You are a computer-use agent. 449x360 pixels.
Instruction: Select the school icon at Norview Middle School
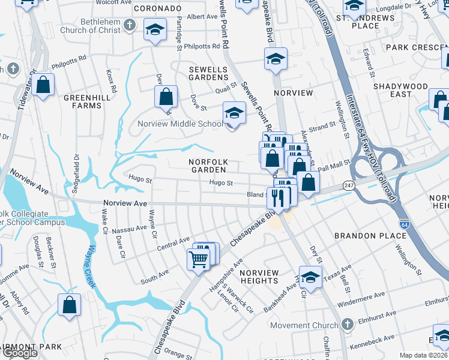point(234,113)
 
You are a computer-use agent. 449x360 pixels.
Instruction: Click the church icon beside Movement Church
point(346,325)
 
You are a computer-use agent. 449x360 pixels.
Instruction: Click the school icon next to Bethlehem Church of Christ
point(155,29)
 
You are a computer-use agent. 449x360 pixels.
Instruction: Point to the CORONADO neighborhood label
point(157,8)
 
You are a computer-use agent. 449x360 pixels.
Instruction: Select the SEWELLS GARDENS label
point(209,73)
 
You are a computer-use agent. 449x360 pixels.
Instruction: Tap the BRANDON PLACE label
point(370,236)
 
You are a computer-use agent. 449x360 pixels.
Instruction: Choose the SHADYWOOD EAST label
point(400,90)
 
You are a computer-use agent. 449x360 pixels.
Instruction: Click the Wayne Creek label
point(91,263)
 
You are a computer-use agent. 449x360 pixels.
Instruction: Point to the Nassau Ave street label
point(129,228)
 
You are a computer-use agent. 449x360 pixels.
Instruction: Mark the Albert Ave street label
point(202,17)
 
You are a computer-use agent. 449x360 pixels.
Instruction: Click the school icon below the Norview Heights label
point(310,278)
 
